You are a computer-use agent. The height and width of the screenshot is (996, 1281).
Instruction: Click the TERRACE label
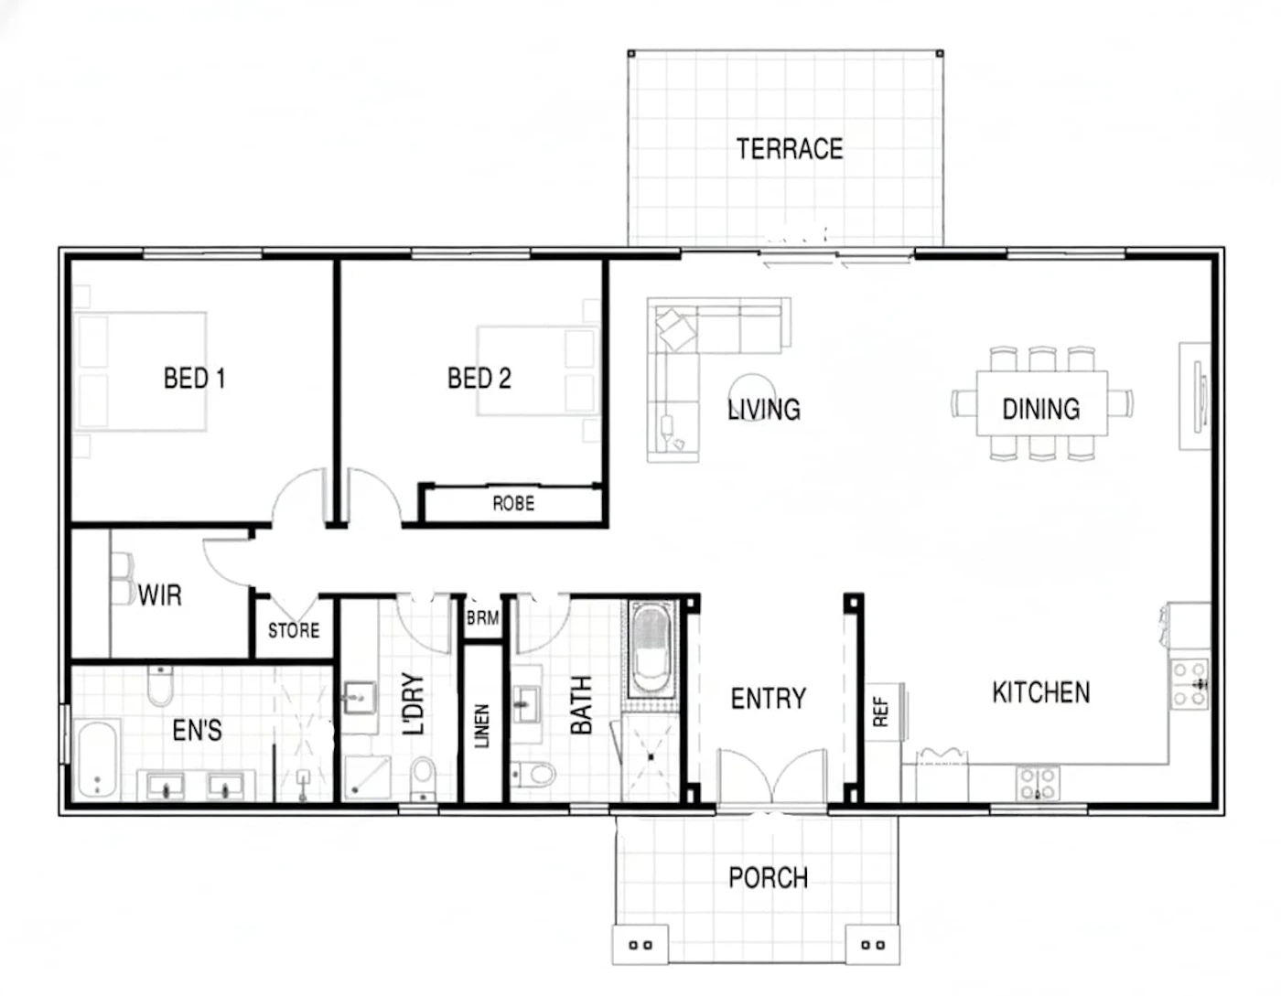[790, 148]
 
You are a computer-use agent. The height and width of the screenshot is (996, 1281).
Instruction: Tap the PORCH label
[768, 878]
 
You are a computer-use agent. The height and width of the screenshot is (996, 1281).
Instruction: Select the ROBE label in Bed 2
[513, 504]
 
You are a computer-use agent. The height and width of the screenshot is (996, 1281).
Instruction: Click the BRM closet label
[483, 618]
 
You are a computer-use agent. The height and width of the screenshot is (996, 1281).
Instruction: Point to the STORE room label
[294, 631]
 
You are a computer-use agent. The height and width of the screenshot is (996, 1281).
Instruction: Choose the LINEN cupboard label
[482, 725]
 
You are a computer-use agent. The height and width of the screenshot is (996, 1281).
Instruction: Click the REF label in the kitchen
[880, 712]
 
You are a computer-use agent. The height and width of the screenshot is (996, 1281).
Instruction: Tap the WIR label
[160, 595]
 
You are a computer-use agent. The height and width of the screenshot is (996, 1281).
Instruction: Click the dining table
[1041, 403]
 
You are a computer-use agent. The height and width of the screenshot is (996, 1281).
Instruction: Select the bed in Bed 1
[144, 371]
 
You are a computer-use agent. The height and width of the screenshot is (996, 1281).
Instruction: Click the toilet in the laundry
[423, 777]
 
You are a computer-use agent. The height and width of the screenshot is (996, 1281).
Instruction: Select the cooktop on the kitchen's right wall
[1189, 684]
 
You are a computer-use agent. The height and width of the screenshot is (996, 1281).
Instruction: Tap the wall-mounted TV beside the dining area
[1199, 398]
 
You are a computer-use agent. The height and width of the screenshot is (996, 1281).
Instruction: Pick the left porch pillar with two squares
[640, 945]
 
